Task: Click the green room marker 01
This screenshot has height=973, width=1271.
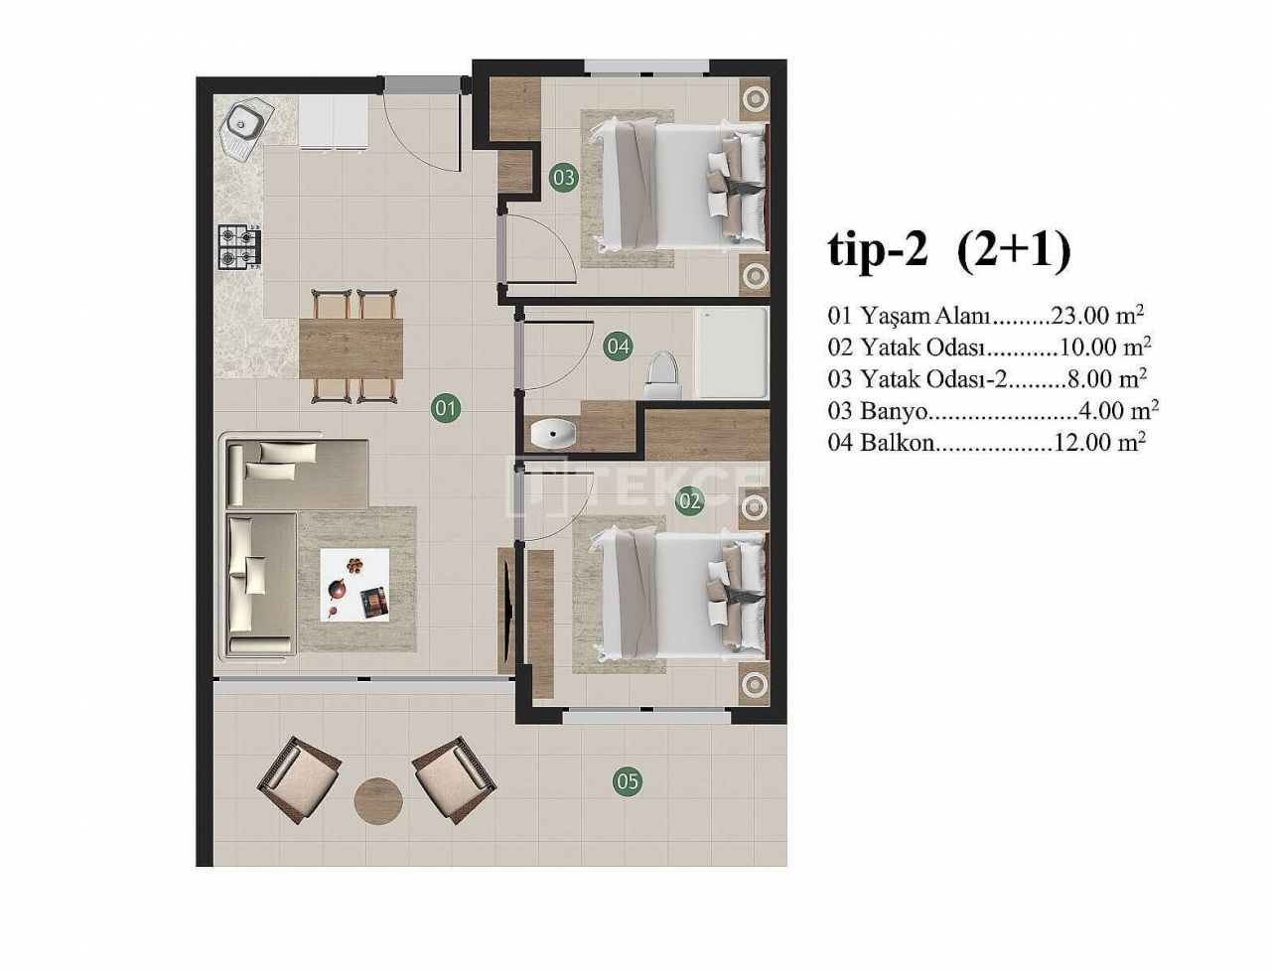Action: pyautogui.click(x=446, y=407)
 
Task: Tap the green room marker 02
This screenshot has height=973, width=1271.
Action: pyautogui.click(x=690, y=500)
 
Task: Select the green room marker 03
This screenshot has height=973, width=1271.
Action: pyautogui.click(x=564, y=179)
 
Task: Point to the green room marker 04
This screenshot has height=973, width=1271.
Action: pyautogui.click(x=618, y=346)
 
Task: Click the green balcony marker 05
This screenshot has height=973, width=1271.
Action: pyautogui.click(x=627, y=781)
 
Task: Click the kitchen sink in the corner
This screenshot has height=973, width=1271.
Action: pyautogui.click(x=244, y=125)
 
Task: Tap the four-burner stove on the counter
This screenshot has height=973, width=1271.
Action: pyautogui.click(x=239, y=247)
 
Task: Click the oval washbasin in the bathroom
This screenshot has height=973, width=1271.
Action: pyautogui.click(x=553, y=433)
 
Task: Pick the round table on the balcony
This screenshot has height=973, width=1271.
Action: pyautogui.click(x=378, y=798)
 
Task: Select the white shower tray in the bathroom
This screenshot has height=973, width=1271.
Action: pyautogui.click(x=731, y=351)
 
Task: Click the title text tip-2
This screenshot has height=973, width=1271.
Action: pyautogui.click(x=877, y=250)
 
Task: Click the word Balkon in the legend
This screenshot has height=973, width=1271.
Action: pyautogui.click(x=898, y=443)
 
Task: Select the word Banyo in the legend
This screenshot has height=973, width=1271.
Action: pyautogui.click(x=892, y=410)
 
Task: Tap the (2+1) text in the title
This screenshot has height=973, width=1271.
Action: pyautogui.click(x=1014, y=250)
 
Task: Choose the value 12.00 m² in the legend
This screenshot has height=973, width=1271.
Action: pyautogui.click(x=1100, y=443)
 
